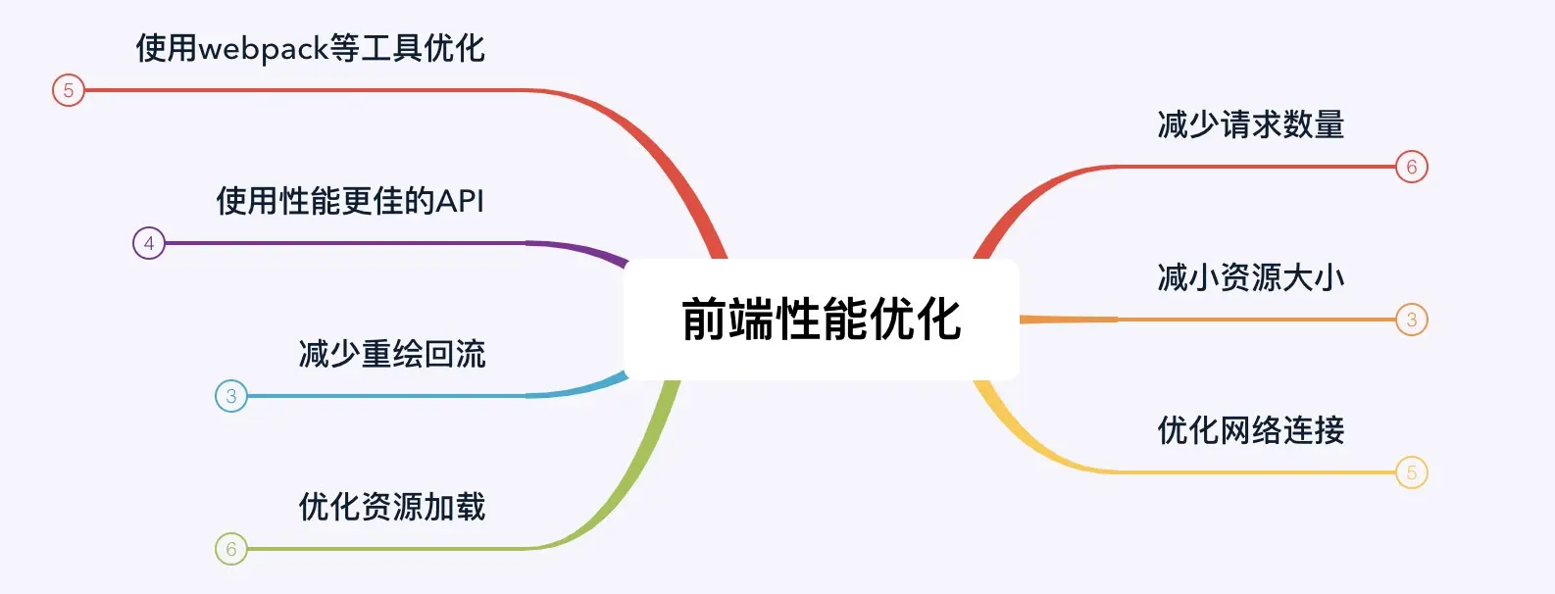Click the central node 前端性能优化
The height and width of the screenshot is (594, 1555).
822,320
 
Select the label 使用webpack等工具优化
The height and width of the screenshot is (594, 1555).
310,48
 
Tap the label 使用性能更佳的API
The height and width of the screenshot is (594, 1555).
350,201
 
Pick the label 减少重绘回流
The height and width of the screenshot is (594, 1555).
391,354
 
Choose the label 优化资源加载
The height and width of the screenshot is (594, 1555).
391,507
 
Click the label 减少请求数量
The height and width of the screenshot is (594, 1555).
1250,124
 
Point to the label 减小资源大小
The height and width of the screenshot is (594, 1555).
1250,277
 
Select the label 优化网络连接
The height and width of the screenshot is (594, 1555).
1250,430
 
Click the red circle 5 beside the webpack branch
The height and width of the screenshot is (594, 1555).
69,90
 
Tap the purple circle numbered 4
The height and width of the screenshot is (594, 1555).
149,243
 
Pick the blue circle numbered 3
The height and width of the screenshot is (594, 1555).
231,396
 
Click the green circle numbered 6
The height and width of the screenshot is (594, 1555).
231,549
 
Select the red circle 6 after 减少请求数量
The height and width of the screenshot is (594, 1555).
1412,167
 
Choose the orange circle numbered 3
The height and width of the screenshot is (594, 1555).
1412,320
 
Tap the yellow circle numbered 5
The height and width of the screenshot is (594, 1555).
1412,472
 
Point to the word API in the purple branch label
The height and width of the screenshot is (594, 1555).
460,201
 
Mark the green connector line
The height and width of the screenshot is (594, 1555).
392,549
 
